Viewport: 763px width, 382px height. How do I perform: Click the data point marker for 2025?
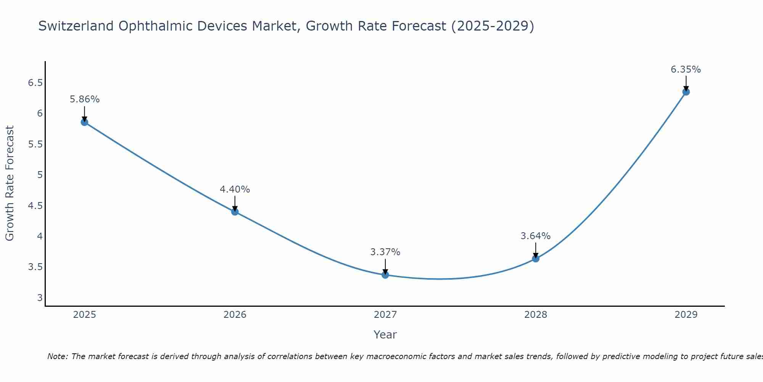(84, 122)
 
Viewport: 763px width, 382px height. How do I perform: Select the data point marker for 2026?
(235, 212)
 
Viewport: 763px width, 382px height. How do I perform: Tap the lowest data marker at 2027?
(385, 275)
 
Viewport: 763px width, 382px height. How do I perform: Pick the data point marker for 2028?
(536, 259)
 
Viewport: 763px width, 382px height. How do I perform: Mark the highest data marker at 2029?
(686, 92)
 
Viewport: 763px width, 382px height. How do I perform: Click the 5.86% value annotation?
(84, 99)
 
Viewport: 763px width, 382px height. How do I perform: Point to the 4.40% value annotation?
(235, 189)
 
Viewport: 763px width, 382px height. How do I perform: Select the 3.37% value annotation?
(385, 252)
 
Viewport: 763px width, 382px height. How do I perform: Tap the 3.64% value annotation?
(536, 236)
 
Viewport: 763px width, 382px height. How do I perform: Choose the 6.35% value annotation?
(686, 70)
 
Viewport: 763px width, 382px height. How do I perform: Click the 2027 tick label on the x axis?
(385, 315)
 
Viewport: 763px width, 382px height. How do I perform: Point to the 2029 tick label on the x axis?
(686, 315)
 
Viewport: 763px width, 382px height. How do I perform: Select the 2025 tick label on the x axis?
(84, 315)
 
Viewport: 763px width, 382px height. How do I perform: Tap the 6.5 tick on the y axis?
(35, 83)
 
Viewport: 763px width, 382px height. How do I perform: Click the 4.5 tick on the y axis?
(35, 206)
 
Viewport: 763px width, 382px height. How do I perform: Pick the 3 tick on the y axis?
(40, 298)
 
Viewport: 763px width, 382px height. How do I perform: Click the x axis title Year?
(385, 335)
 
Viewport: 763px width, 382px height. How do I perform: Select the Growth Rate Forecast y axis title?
(10, 183)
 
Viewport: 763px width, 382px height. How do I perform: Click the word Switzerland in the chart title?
(76, 26)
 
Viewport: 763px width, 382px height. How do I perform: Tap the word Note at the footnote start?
(57, 356)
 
